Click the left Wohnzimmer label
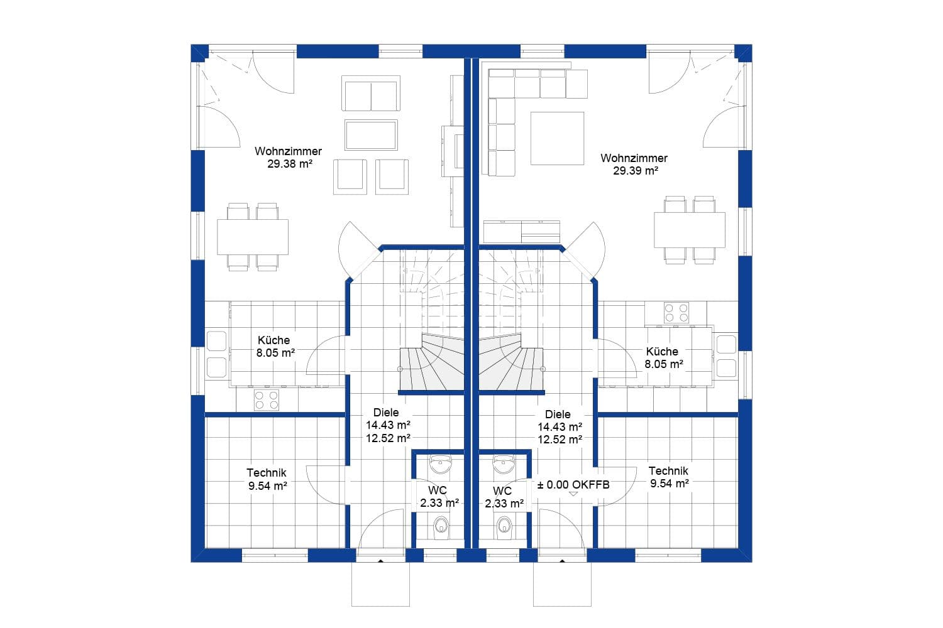(288, 151)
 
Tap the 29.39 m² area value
(635, 170)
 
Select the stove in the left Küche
(266, 400)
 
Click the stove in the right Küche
(676, 312)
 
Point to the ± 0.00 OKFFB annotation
(573, 485)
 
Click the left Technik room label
(267, 473)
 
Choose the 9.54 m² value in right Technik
(669, 484)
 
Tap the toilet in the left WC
(442, 526)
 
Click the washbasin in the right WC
(503, 465)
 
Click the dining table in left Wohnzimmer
(253, 237)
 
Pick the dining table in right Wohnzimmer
(689, 230)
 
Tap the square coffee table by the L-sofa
(557, 138)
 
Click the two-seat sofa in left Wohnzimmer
(371, 94)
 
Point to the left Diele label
(386, 413)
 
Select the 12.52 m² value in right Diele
(560, 440)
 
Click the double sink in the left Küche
(216, 354)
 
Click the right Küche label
(662, 352)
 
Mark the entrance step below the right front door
(562, 584)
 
